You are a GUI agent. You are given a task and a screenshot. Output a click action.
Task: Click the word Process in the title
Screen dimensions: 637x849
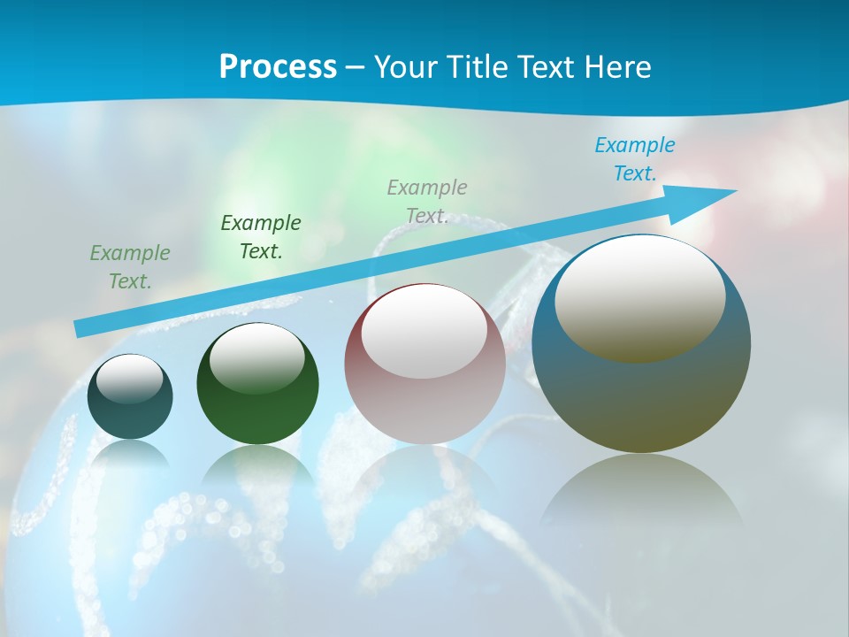(278, 67)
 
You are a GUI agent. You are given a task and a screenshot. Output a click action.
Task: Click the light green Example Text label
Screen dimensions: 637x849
(130, 267)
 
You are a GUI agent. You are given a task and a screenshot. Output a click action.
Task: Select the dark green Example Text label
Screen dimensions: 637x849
(261, 237)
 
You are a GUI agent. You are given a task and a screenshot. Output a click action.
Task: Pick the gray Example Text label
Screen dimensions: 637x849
(427, 202)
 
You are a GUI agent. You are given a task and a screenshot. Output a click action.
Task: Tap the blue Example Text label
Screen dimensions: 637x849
(635, 159)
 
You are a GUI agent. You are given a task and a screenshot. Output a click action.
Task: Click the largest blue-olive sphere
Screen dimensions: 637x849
(641, 398)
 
